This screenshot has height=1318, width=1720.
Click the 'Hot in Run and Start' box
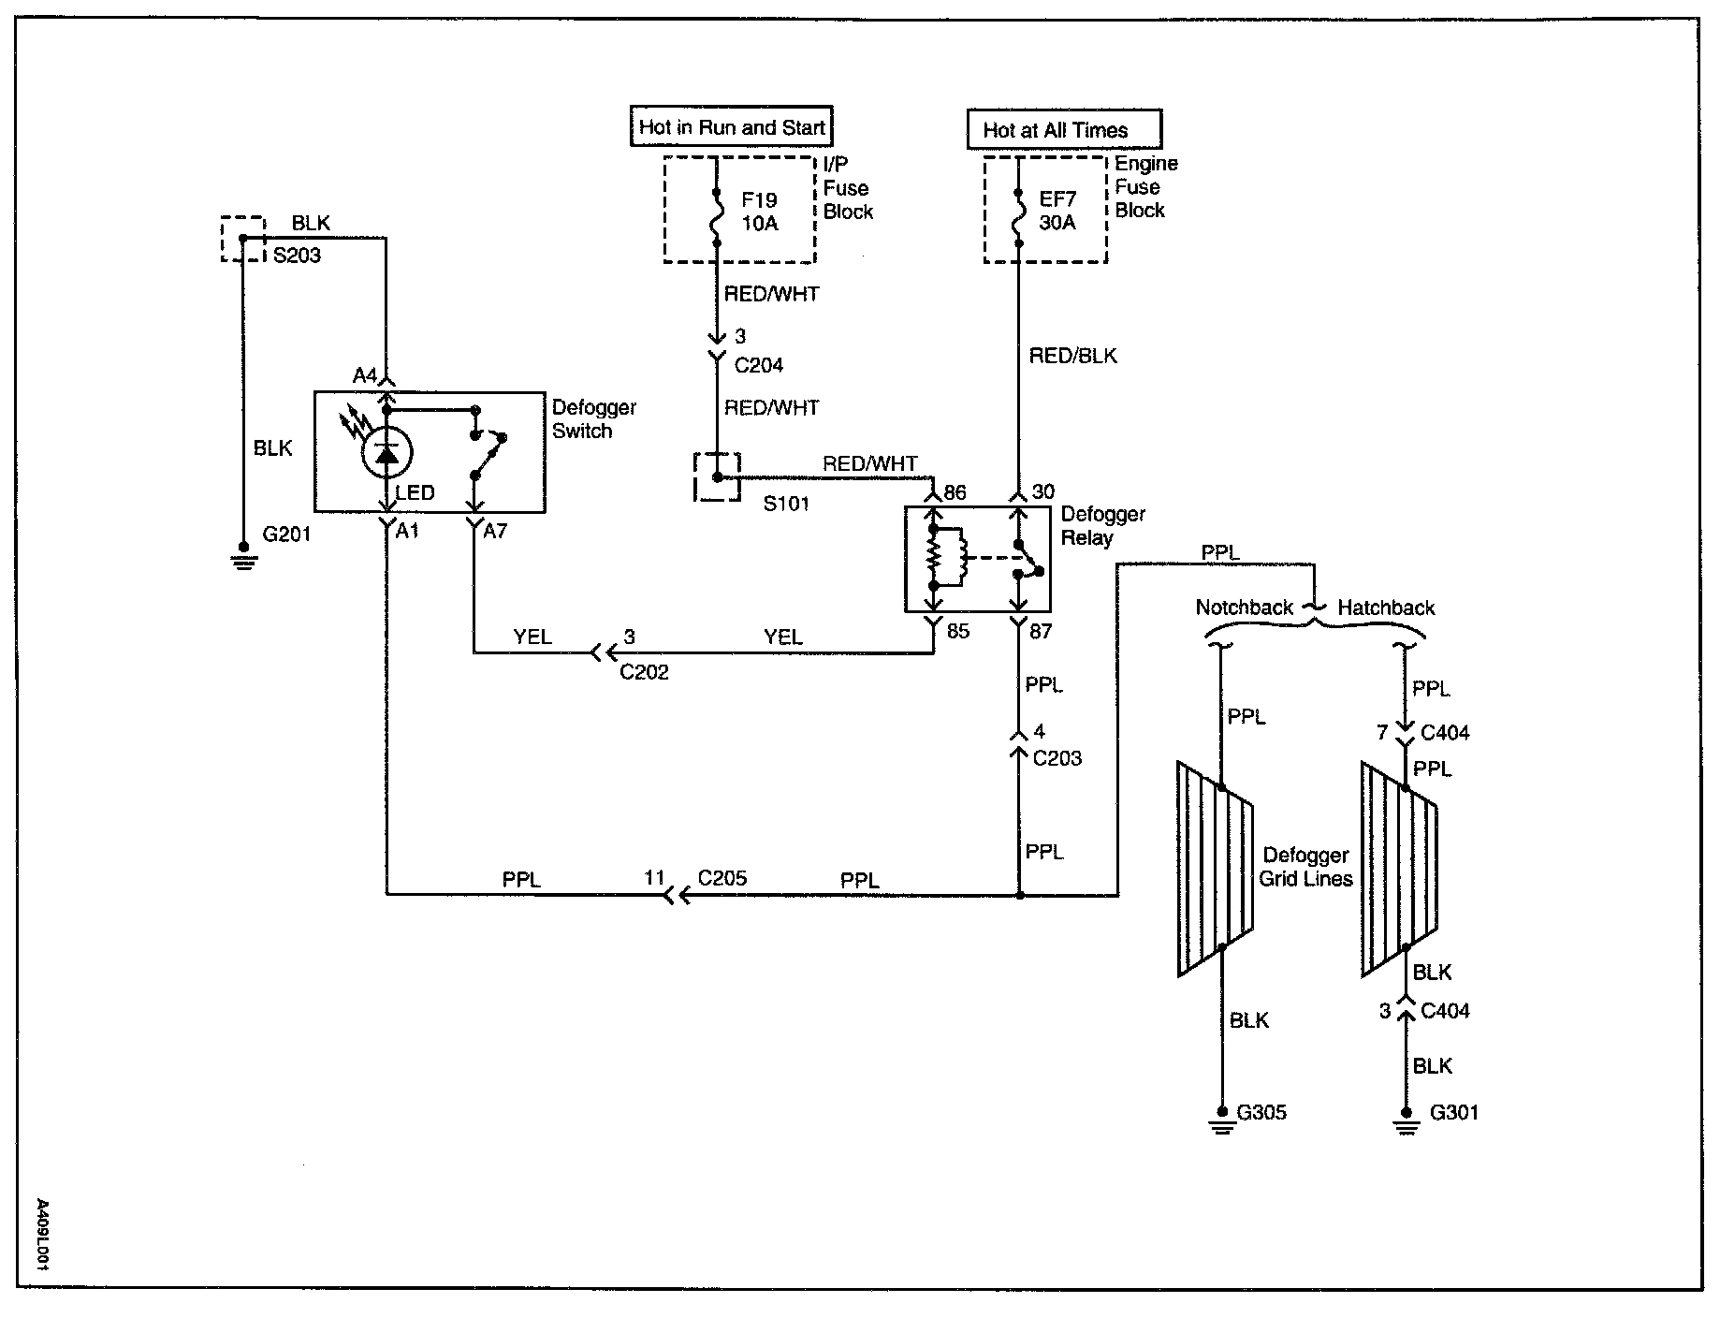[732, 127]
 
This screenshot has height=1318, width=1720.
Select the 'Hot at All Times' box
[1064, 130]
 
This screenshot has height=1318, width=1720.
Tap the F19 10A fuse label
[759, 212]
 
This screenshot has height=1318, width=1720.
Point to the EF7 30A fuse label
[1057, 211]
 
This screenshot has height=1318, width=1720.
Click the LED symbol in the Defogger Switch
[386, 452]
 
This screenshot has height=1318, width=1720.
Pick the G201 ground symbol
[244, 559]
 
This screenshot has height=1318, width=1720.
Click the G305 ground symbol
[1221, 1120]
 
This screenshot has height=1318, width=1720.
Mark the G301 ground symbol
[1405, 1120]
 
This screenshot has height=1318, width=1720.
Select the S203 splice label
[297, 256]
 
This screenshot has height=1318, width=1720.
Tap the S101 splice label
[786, 504]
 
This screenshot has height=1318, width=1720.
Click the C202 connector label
[644, 672]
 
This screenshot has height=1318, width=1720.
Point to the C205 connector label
[722, 878]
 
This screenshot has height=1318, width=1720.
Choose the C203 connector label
[1057, 758]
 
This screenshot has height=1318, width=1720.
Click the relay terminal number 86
[955, 493]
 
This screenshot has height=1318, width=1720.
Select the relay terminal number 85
[957, 631]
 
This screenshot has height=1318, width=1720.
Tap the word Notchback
[1245, 608]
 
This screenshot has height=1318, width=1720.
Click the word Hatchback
[1386, 608]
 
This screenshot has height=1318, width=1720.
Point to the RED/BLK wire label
[1072, 356]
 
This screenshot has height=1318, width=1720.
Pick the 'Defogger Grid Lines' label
[1305, 867]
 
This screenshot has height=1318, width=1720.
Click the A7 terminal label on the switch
[495, 532]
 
